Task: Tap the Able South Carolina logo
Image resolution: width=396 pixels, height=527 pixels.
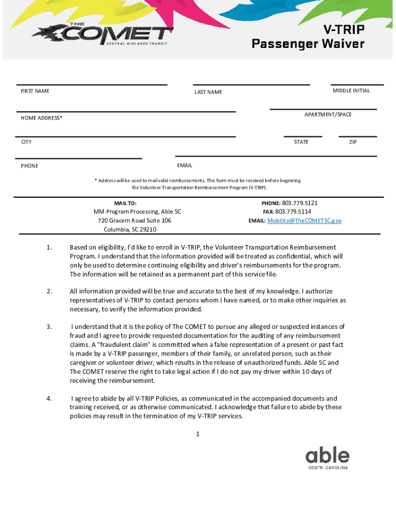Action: (328, 458)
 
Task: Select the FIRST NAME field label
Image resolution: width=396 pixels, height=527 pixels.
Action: (35, 91)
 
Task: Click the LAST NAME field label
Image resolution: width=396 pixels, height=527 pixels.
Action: (208, 92)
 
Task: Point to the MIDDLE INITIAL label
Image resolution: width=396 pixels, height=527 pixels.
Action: (351, 91)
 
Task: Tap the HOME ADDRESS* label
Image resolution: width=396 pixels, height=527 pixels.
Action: (42, 118)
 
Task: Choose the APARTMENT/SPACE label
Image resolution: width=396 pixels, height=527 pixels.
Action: (328, 114)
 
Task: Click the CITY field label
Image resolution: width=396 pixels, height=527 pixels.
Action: (26, 142)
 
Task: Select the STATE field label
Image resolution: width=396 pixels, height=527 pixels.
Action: (301, 142)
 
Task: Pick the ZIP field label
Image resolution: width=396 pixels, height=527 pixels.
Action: (353, 142)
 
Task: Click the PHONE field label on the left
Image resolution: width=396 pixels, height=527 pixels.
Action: (29, 166)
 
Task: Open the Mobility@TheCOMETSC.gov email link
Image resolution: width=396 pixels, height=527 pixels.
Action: (303, 220)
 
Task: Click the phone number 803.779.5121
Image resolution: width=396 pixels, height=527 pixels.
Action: (300, 203)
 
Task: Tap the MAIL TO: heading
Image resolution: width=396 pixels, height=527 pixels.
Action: (125, 203)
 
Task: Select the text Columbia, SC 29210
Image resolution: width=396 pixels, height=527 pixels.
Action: (130, 230)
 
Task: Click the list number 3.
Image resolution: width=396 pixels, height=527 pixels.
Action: (49, 327)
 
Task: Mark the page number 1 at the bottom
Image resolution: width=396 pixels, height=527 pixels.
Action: (197, 434)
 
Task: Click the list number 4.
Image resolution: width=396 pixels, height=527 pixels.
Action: (49, 398)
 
